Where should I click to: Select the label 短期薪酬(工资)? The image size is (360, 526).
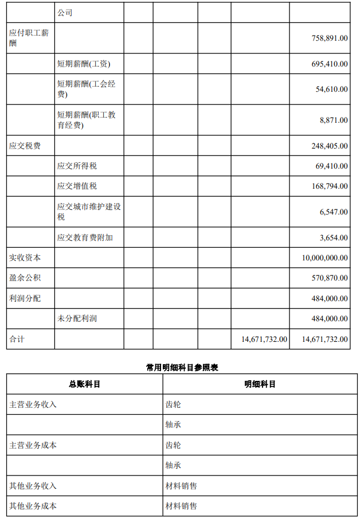[84, 64]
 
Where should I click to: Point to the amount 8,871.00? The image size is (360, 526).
[334, 120]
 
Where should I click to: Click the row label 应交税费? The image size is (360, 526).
[25, 146]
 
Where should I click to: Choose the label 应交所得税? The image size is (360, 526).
[77, 166]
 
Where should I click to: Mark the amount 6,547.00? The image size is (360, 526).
[334, 212]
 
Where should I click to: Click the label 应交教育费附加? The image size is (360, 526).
[85, 237]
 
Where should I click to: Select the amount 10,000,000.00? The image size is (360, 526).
[324, 258]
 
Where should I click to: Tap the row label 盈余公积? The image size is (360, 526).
[25, 278]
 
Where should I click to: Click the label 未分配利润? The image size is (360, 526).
[77, 318]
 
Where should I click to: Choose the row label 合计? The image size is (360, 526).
[17, 339]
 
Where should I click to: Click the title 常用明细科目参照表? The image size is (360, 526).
[182, 367]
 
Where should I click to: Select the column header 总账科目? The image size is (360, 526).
[84, 384]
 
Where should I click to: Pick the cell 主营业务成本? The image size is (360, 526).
[33, 445]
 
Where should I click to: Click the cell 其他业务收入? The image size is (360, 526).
[33, 486]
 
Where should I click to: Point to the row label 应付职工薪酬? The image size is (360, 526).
[29, 38]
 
